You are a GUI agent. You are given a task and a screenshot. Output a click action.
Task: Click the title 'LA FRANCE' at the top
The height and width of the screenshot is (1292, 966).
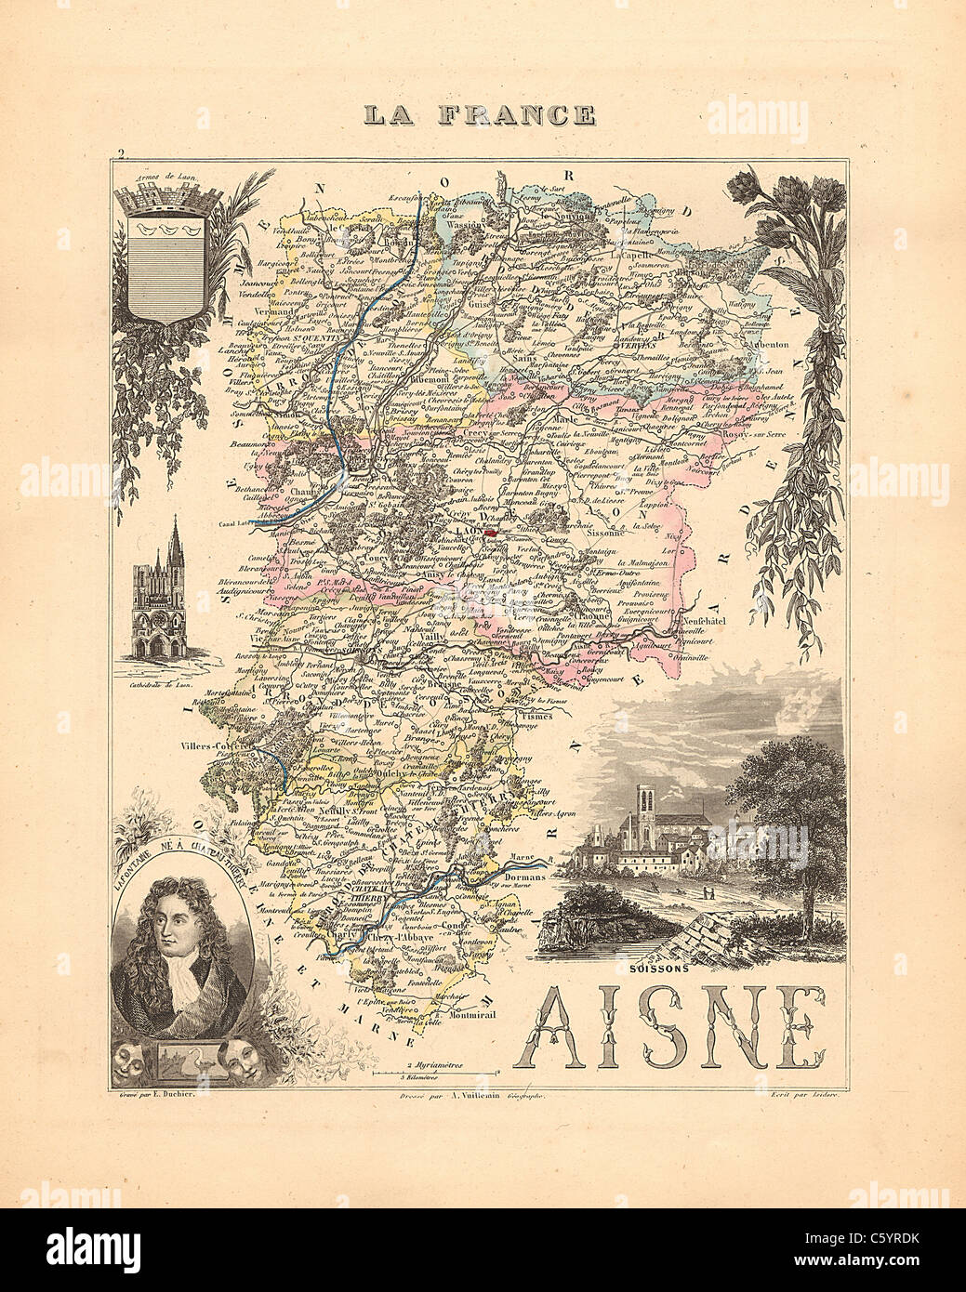tap(479, 114)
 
